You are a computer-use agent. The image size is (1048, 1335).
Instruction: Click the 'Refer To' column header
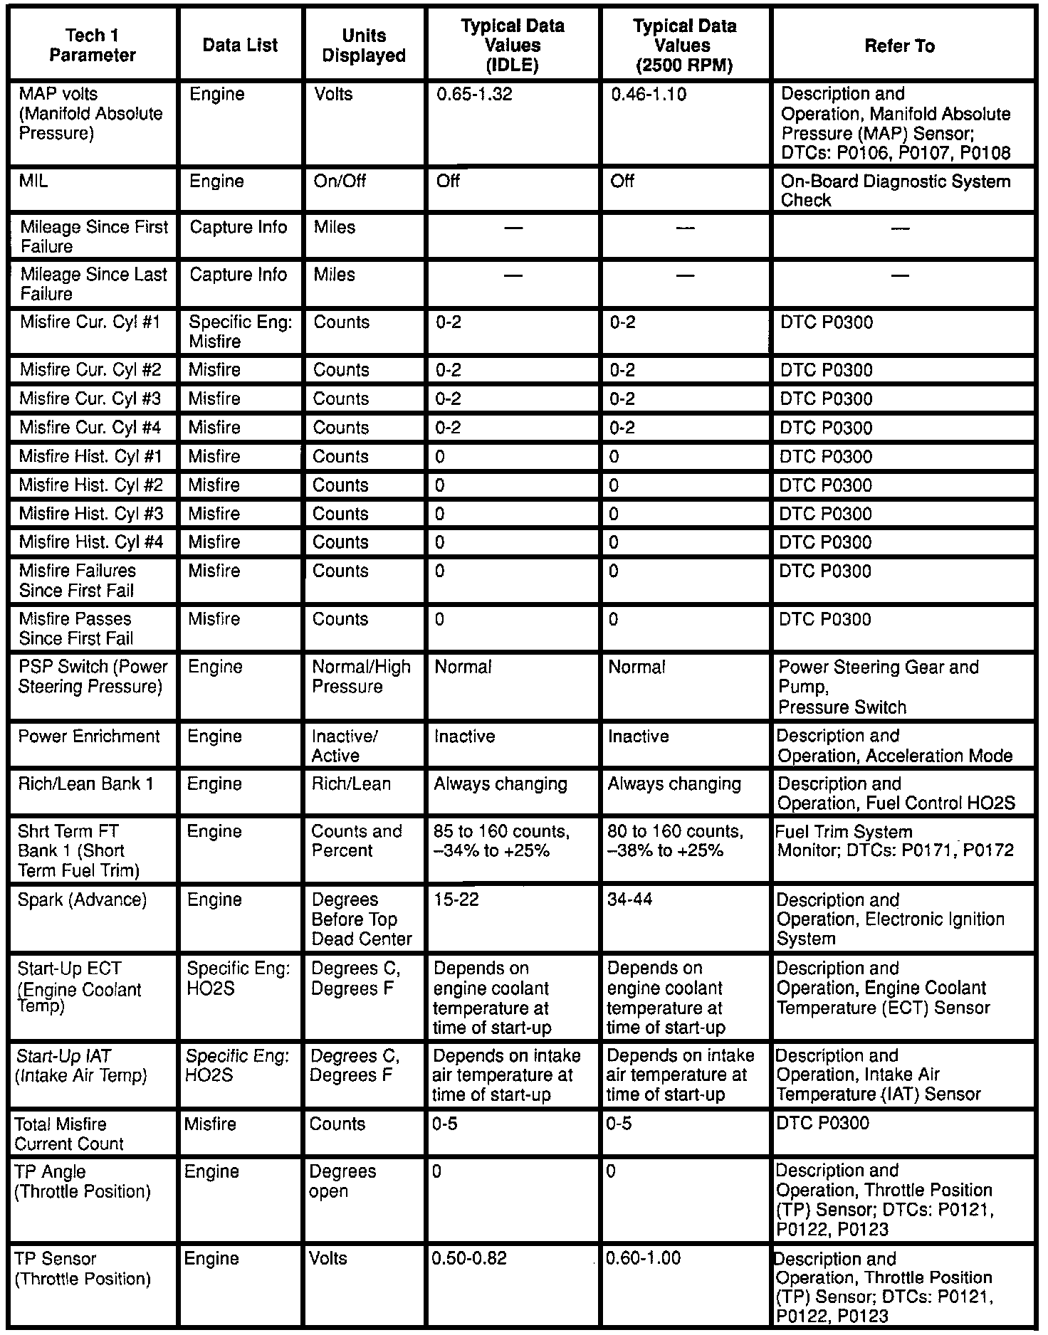(899, 46)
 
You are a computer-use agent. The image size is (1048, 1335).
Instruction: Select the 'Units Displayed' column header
(364, 46)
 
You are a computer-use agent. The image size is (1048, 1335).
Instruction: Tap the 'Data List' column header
(240, 46)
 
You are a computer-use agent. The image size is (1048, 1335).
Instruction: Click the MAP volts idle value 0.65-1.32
(474, 95)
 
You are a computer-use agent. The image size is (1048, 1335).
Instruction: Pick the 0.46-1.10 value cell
(649, 95)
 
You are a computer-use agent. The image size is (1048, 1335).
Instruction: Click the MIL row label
(34, 181)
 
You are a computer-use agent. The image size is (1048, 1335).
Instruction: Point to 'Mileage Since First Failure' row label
(94, 236)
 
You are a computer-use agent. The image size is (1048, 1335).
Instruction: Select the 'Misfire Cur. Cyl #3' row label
(90, 399)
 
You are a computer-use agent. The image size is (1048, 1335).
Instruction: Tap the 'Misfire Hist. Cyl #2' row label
(91, 485)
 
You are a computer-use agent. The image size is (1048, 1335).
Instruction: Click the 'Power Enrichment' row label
(89, 737)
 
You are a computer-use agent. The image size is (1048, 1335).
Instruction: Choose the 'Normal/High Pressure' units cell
(361, 677)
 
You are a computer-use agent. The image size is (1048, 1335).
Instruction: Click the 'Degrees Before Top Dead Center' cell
(361, 919)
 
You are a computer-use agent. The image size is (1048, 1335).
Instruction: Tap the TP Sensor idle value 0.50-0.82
(469, 1259)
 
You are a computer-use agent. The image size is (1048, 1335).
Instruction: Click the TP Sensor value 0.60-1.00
(643, 1259)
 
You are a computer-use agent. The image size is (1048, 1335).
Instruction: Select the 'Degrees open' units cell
(342, 1181)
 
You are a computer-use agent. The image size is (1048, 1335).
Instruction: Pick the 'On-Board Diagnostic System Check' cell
(895, 191)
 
